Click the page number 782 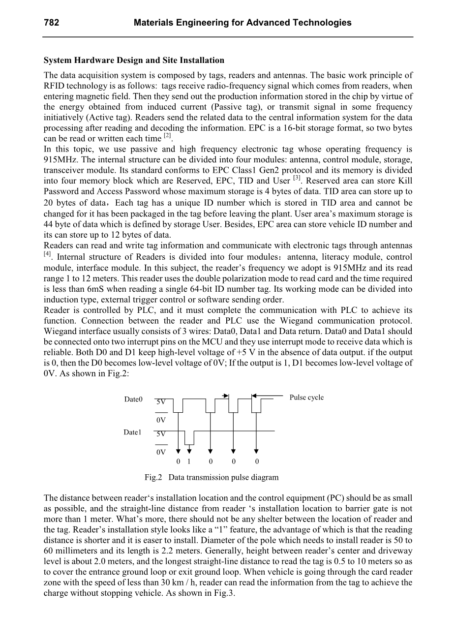coord(52,23)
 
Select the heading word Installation coord(202,61)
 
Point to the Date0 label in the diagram coord(133,399)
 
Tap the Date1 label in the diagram coord(132,432)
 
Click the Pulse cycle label coord(306,398)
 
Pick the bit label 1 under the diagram coord(189,461)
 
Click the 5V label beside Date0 coord(161,402)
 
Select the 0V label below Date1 coord(161,452)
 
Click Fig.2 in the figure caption coord(153,477)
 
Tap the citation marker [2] coord(168,136)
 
